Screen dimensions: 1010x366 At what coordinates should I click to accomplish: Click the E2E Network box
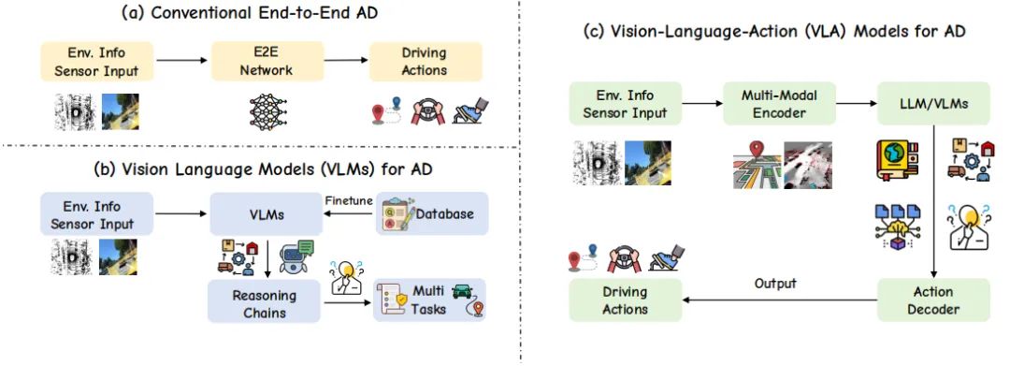click(267, 61)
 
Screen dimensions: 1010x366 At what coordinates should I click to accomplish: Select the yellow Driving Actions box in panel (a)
click(426, 61)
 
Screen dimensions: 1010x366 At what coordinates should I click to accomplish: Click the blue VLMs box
click(267, 213)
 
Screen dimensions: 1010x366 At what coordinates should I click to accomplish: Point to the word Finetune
click(349, 200)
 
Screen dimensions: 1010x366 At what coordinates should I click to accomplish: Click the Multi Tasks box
click(429, 300)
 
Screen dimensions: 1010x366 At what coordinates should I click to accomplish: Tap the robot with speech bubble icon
click(296, 256)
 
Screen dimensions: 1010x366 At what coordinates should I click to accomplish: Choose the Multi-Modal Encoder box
click(779, 102)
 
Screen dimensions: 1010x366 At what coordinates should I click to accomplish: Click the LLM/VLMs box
click(933, 102)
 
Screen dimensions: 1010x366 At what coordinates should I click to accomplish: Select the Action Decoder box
click(933, 300)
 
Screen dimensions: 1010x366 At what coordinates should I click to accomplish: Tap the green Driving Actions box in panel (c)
click(625, 300)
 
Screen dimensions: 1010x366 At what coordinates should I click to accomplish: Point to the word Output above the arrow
click(775, 284)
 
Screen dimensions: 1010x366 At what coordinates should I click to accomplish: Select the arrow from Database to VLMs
click(349, 213)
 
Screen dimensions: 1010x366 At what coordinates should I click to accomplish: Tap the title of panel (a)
click(250, 13)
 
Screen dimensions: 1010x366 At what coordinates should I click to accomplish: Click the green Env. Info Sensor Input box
click(625, 102)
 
